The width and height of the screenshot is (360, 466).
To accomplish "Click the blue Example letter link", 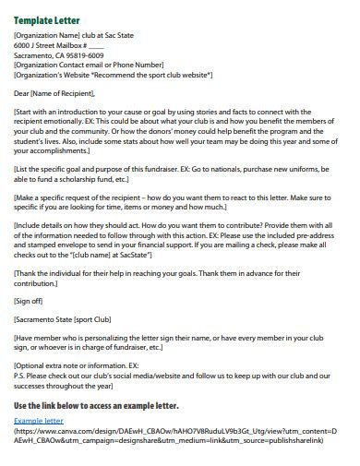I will click(40, 421).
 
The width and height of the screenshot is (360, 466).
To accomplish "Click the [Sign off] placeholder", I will click(31, 300).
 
